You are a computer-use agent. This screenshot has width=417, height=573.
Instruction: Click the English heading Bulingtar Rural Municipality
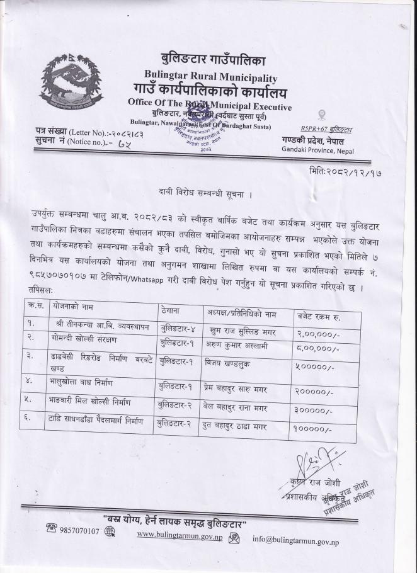(x=210, y=77)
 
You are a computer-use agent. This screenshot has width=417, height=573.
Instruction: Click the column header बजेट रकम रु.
(x=322, y=314)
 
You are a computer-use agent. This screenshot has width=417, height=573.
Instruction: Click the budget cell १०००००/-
(x=312, y=429)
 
